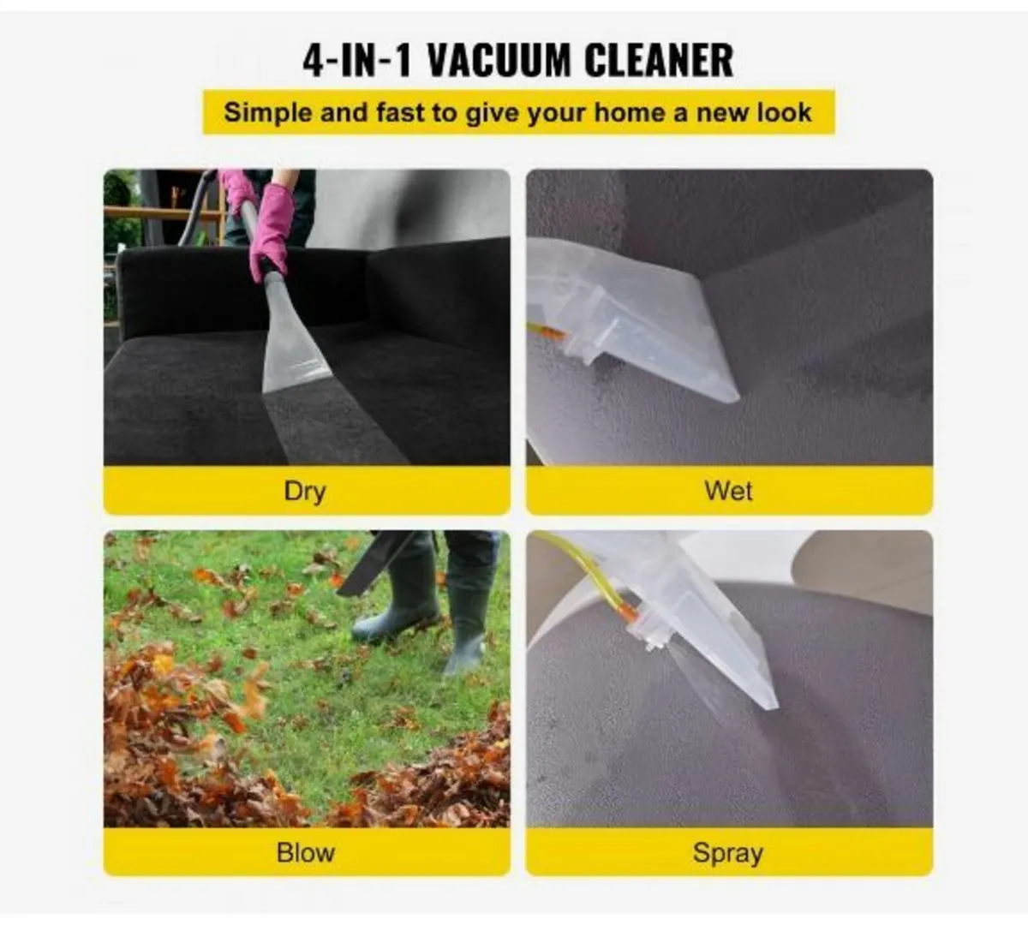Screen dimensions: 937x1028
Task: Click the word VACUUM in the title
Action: [499, 60]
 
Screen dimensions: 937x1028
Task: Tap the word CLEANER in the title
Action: [659, 60]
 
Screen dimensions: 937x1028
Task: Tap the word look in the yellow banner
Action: [782, 113]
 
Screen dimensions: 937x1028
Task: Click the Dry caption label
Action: [305, 491]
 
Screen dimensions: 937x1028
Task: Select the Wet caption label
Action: [728, 491]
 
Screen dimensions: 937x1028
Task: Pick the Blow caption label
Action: [306, 852]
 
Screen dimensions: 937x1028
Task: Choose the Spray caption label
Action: [728, 853]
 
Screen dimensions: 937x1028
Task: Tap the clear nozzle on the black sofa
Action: [296, 343]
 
